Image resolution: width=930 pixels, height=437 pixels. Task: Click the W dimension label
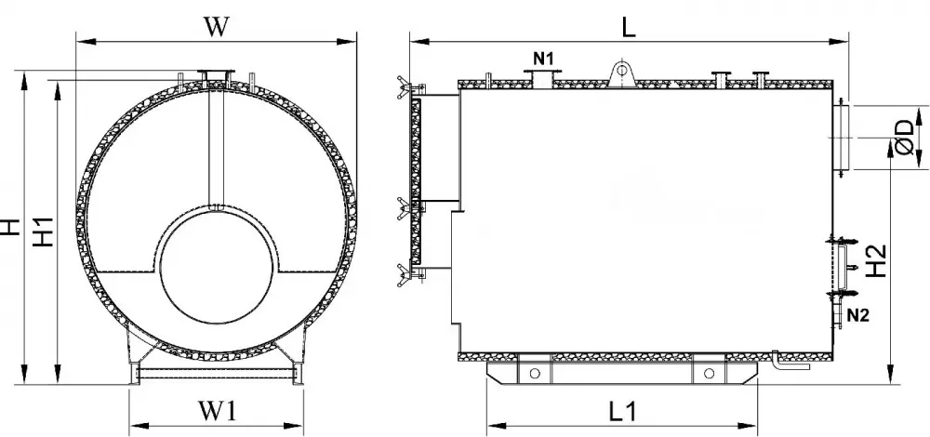[x=216, y=27]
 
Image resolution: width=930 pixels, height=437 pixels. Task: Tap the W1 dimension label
[x=217, y=410]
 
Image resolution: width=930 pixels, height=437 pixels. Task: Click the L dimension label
[x=629, y=27]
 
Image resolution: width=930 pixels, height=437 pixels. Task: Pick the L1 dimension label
[x=623, y=411]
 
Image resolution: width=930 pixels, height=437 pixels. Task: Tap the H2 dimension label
[x=876, y=261]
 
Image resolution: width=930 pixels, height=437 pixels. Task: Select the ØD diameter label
[x=907, y=137]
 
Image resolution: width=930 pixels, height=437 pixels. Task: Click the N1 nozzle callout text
[x=544, y=58]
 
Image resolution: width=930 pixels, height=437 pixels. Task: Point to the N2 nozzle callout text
[x=857, y=315]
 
